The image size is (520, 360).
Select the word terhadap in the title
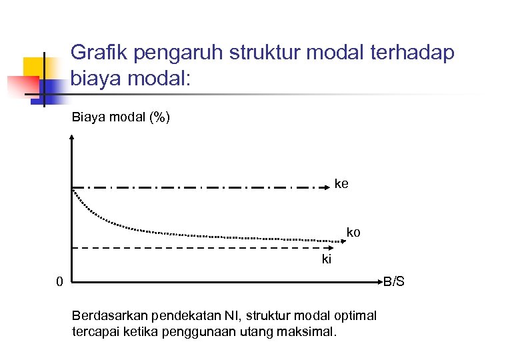tap(414, 53)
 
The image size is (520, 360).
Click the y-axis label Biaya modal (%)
tap(121, 118)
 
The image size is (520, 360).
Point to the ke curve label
tap(341, 183)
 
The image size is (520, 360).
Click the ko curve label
tap(353, 233)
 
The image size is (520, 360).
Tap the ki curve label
tap(327, 259)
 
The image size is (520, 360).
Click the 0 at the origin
tap(59, 283)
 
